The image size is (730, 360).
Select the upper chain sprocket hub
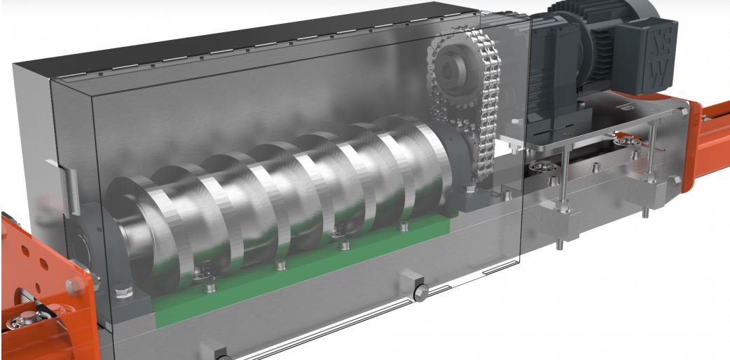pos(455,69)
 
